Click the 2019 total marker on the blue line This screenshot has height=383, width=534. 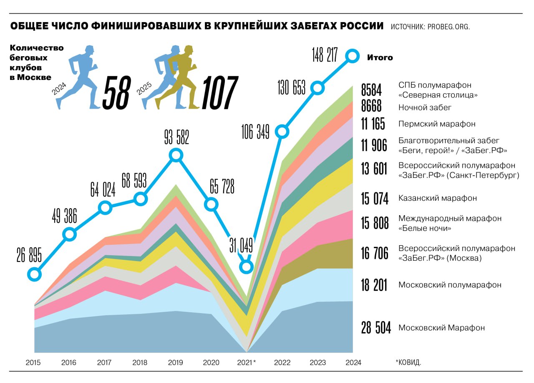pos(176,155)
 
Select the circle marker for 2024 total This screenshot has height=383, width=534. pos(353,55)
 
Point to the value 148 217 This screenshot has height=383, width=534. pos(325,55)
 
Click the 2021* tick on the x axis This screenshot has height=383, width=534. pos(246,363)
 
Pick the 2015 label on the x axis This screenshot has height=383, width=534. pos(33,363)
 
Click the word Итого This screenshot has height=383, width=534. pos(380,57)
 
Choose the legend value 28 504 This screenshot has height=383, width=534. pos(376,328)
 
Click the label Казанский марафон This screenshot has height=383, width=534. pos(438,198)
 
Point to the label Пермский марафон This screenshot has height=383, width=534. pos(437,124)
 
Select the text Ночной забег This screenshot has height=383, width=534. pos(425,107)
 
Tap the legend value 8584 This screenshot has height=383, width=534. pos(371,90)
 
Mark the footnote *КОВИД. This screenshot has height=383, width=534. pos(408,363)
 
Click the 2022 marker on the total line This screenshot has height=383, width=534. pos(282,132)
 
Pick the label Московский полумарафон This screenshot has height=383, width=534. pos(450,285)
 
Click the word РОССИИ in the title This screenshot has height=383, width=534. pos(359,26)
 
